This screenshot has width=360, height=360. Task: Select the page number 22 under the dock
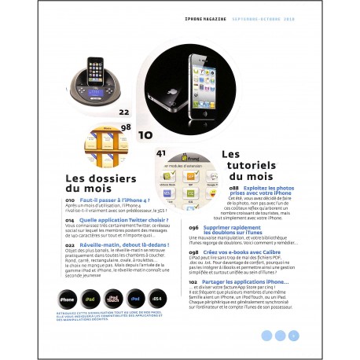(x=123, y=112)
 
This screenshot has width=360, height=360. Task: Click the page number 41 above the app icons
(x=162, y=152)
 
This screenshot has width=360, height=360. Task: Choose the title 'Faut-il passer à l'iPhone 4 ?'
(x=119, y=201)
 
